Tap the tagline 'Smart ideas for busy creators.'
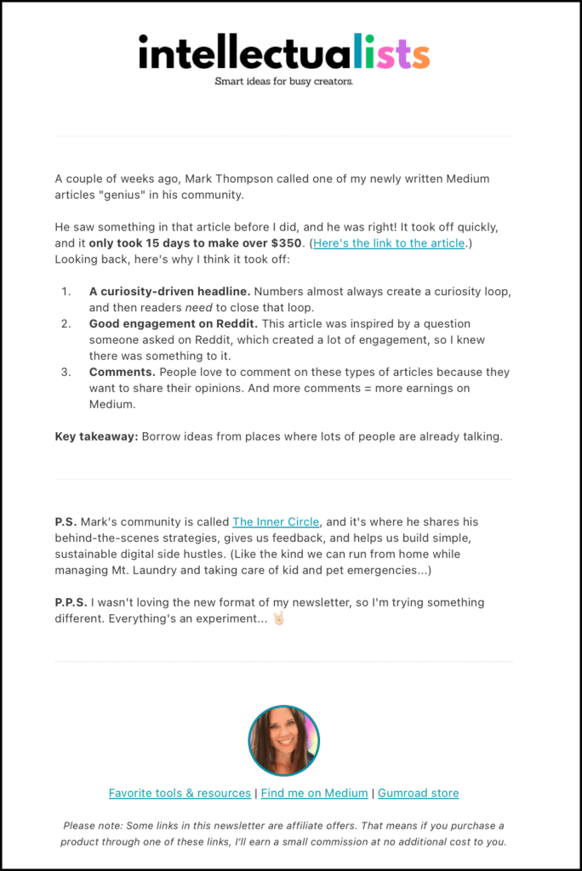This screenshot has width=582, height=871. pyautogui.click(x=283, y=82)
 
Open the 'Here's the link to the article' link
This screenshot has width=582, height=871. pyautogui.click(x=389, y=243)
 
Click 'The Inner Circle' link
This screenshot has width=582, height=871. pyautogui.click(x=276, y=521)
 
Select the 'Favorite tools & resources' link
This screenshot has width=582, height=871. pyautogui.click(x=180, y=793)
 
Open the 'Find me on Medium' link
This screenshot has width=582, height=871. pyautogui.click(x=314, y=793)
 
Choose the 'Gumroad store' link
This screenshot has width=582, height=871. pyautogui.click(x=418, y=793)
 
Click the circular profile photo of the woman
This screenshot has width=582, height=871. pyautogui.click(x=283, y=740)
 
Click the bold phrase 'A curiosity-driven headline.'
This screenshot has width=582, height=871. pyautogui.click(x=169, y=292)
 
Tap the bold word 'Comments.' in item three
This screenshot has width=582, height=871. pyautogui.click(x=118, y=373)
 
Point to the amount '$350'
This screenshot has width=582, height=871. pyautogui.click(x=286, y=243)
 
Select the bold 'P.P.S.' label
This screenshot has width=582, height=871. pyautogui.click(x=74, y=602)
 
